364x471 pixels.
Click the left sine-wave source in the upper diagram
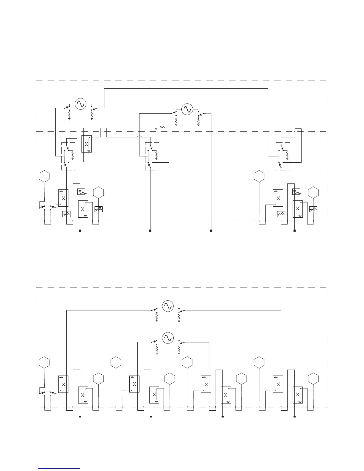tap(80, 104)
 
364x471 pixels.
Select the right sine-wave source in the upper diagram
tap(187, 109)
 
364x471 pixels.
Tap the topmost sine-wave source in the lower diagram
tap(167, 306)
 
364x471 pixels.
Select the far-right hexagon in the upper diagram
tap(313, 192)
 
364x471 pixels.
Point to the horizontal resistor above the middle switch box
tap(162, 127)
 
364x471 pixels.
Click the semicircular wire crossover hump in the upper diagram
tap(138, 137)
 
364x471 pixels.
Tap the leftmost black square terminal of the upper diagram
tap(80, 230)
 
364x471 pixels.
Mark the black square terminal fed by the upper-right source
tap(211, 230)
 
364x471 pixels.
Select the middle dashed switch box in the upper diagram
tap(152, 156)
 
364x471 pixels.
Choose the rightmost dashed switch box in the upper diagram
tap(283, 156)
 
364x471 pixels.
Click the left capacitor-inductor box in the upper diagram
tap(81, 191)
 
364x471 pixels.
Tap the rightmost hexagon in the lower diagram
tap(313, 379)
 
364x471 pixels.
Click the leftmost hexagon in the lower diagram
tap(44, 362)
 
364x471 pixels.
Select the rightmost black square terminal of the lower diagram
tap(294, 417)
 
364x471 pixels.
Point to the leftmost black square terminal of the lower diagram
tap(80, 417)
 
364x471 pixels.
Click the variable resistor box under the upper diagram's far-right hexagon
tap(313, 209)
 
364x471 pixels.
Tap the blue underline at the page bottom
tap(59, 468)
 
